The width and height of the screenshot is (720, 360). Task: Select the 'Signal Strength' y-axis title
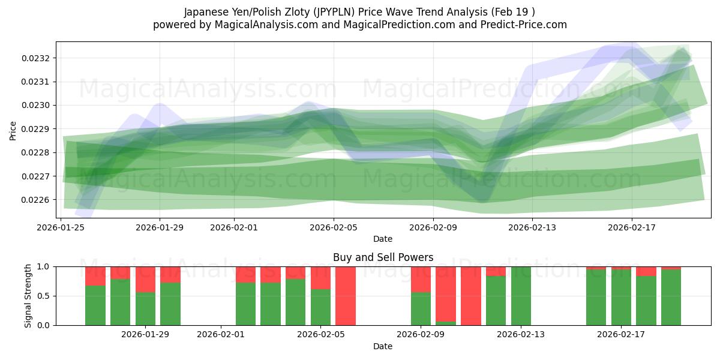(x=28, y=296)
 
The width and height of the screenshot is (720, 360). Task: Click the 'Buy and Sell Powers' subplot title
(x=383, y=258)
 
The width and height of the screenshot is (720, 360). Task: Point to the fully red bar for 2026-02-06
(x=346, y=296)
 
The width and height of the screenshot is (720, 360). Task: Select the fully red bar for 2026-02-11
(x=471, y=296)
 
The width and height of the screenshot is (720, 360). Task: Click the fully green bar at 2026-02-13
(x=521, y=296)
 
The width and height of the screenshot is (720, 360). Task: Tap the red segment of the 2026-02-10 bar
(x=446, y=293)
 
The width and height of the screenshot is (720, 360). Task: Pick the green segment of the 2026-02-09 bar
(x=421, y=309)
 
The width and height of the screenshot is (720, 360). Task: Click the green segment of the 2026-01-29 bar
(x=170, y=304)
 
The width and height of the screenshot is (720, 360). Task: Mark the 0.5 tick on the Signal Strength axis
(x=44, y=296)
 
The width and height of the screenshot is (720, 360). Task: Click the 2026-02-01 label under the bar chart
(x=221, y=335)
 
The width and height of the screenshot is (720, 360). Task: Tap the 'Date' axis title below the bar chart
(x=383, y=346)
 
